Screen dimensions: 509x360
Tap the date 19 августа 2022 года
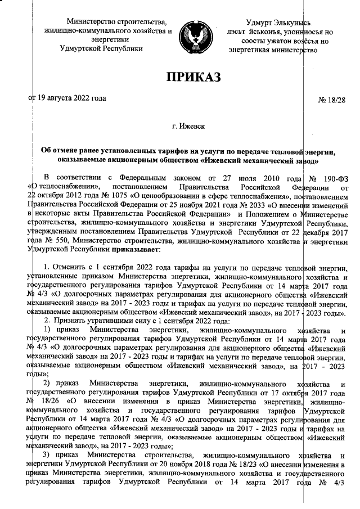point(71,97)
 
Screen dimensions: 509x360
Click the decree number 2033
point(264,205)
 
